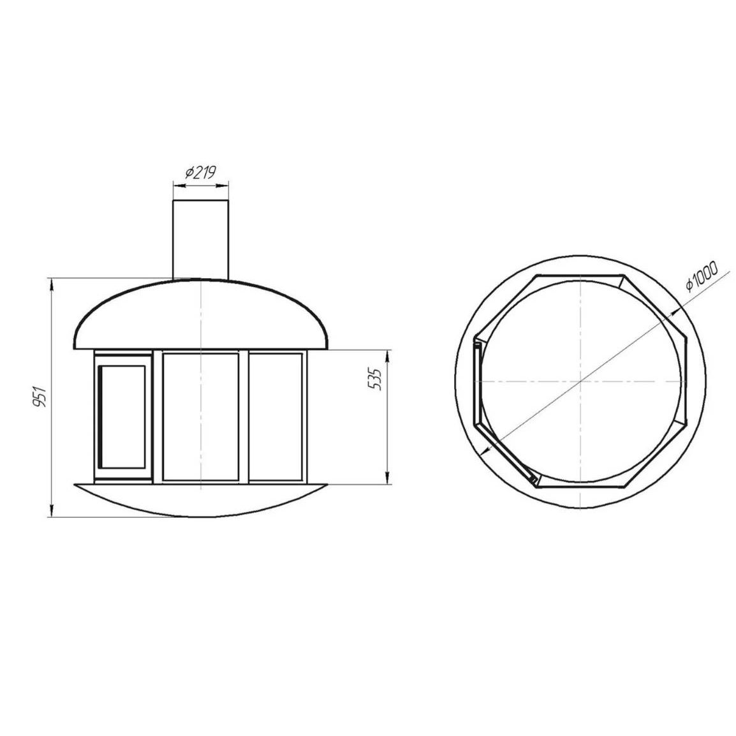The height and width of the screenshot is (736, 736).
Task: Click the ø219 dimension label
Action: [200, 173]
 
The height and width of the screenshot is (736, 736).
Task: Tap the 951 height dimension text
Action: [41, 397]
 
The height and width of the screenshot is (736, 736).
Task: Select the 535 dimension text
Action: [376, 379]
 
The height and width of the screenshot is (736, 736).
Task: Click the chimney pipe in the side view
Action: [200, 240]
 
